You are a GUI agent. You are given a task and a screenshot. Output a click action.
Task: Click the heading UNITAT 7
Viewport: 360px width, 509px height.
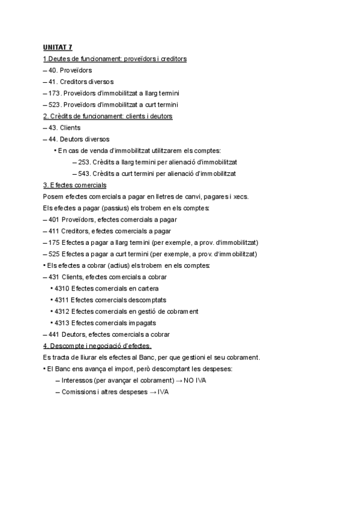tap(58, 47)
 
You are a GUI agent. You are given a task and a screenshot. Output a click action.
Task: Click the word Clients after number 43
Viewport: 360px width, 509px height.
tap(71, 128)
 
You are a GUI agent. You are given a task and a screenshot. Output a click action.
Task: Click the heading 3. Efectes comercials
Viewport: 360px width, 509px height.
tap(75, 185)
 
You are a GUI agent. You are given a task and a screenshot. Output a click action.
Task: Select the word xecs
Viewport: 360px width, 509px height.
tap(248, 196)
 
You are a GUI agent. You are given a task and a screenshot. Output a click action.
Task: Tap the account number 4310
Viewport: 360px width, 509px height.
tap(61, 289)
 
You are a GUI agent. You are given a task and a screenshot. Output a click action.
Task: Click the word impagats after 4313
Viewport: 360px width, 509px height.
tap(142, 323)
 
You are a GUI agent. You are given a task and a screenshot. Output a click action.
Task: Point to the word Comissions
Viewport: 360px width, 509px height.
tap(80, 392)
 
